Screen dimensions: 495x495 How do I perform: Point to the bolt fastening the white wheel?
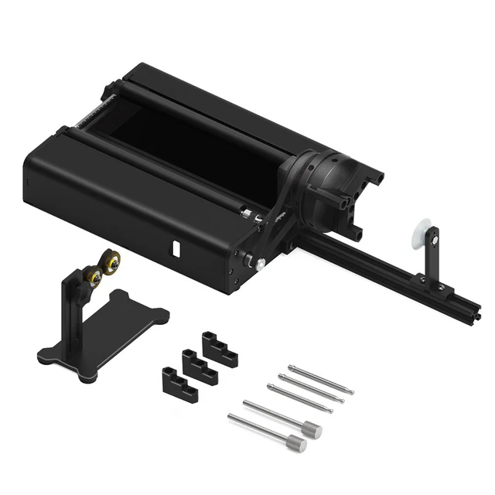click(x=435, y=241)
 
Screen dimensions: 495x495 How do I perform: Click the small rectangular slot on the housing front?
click(x=175, y=250)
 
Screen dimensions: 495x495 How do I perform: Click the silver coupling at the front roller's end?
click(x=245, y=213)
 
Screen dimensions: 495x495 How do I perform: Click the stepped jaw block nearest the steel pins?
click(x=219, y=348)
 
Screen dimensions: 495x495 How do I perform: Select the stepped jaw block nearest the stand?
click(x=179, y=382)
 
